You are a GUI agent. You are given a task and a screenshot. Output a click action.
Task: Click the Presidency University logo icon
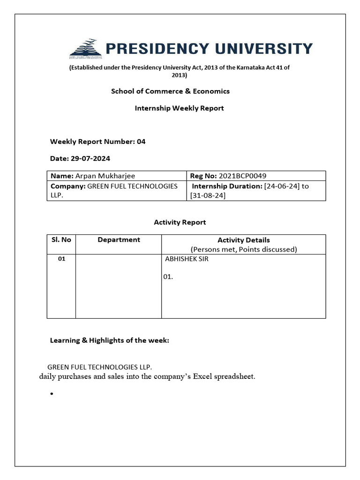tap(86, 48)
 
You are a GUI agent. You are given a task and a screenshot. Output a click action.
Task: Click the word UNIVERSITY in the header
tap(264, 49)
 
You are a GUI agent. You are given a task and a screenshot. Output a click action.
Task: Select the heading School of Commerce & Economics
tap(170, 91)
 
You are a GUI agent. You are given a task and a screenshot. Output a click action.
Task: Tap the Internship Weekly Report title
tap(179, 108)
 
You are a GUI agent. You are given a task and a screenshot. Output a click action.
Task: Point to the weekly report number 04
tap(141, 142)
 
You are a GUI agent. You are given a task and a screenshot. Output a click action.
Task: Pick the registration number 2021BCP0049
tap(242, 176)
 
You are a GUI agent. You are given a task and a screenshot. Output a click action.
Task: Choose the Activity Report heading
tap(180, 222)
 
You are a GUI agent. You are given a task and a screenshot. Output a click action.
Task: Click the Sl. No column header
tap(61, 240)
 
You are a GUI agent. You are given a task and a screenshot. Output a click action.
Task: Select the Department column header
tap(119, 240)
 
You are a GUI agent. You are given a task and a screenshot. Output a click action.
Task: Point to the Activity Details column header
tap(243, 240)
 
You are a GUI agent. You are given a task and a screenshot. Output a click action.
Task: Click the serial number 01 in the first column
tap(61, 259)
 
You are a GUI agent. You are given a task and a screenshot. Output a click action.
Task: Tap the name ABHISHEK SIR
tap(187, 259)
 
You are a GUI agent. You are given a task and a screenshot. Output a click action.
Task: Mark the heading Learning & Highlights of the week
tap(109, 340)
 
